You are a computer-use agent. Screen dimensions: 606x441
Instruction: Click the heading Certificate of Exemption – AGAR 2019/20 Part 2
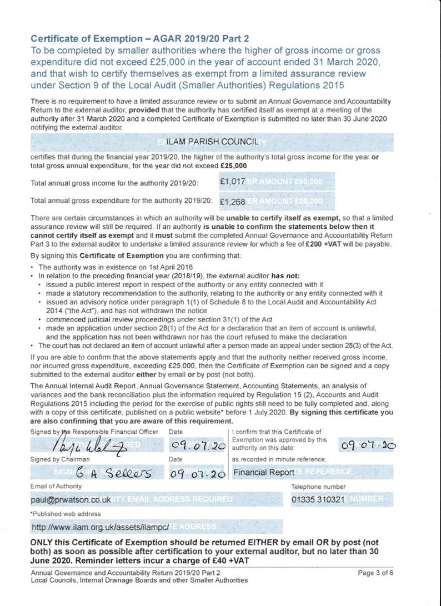click(x=139, y=38)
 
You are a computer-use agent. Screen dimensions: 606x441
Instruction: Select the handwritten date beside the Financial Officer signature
click(x=198, y=445)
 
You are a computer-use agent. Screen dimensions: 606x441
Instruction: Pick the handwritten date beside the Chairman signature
click(x=198, y=473)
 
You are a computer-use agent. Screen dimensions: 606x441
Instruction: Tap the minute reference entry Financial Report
click(x=264, y=473)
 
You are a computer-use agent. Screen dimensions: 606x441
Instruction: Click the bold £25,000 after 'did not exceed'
click(x=234, y=166)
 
